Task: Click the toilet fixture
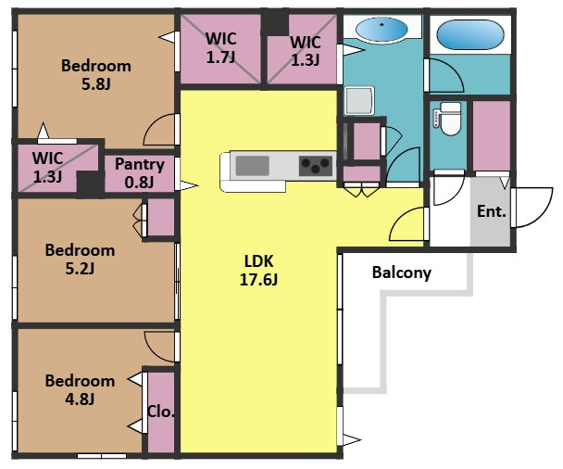[450, 119]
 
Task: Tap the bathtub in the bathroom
[470, 34]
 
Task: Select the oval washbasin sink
[382, 29]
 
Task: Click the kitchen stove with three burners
[315, 166]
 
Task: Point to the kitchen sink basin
[253, 166]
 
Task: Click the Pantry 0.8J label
[140, 173]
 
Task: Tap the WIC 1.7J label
[220, 48]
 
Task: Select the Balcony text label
[402, 273]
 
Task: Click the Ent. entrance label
[492, 211]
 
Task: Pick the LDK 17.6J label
[258, 271]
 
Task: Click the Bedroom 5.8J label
[96, 75]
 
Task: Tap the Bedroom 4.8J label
[80, 389]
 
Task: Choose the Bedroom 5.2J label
[80, 260]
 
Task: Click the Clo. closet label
[160, 412]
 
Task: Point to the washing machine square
[359, 100]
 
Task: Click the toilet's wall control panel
[436, 119]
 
